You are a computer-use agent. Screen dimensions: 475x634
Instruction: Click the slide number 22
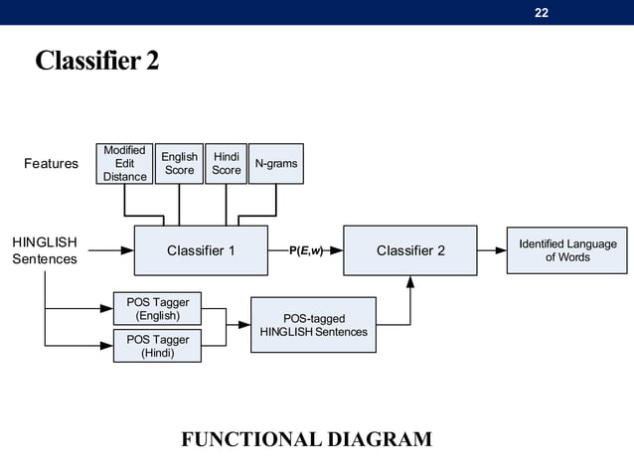542,12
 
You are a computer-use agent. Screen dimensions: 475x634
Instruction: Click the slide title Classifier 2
96,62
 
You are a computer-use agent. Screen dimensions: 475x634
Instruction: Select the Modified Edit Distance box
124,164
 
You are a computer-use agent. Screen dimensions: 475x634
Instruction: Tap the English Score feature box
179,164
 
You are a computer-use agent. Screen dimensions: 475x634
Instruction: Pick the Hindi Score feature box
226,164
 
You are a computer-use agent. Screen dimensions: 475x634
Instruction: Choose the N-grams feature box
275,164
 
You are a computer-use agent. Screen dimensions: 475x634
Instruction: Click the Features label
51,164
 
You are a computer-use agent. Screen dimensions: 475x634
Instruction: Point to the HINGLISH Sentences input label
45,250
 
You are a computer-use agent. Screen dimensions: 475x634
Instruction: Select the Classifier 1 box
201,250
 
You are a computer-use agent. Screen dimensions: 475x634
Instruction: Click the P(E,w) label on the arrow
305,250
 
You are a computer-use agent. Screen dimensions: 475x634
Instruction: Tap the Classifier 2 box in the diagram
410,250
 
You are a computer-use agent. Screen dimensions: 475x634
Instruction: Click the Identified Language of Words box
566,250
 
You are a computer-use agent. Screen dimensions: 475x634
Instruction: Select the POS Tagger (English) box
157,308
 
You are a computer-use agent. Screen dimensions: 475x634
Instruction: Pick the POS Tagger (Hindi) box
157,346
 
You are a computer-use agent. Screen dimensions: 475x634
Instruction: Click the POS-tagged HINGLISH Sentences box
313,325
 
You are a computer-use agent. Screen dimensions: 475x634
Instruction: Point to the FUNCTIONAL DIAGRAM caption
306,439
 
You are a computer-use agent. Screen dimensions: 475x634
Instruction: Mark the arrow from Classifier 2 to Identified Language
492,250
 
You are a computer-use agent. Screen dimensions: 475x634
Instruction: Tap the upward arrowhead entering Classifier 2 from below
410,282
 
